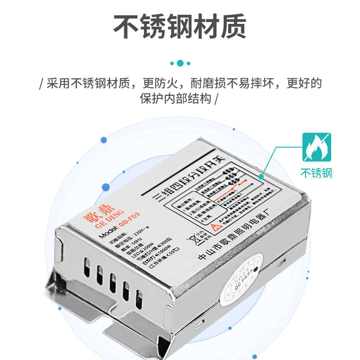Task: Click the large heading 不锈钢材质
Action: point(180,26)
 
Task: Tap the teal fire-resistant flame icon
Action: point(316,147)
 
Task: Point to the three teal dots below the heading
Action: point(180,63)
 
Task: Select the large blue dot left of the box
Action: point(104,140)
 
